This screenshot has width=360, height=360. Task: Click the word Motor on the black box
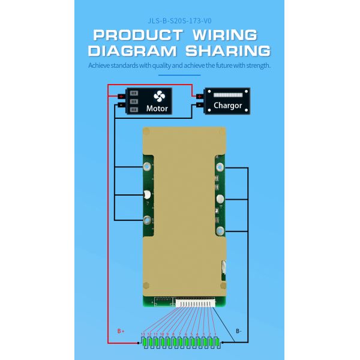tap(157, 109)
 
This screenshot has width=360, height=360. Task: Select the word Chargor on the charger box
tap(227, 106)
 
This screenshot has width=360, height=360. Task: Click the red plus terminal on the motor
tap(121, 96)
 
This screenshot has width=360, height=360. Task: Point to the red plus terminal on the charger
tap(199, 96)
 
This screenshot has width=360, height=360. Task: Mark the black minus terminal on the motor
tap(121, 104)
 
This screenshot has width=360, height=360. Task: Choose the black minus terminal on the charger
tap(199, 105)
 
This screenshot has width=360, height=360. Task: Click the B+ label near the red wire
tap(121, 331)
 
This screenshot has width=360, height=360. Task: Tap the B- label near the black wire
tap(239, 331)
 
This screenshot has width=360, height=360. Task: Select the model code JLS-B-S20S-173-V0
tap(180, 19)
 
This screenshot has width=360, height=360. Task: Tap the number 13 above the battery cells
tap(143, 334)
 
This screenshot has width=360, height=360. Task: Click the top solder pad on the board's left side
tap(146, 165)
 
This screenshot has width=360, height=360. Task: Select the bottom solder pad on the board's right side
tap(220, 231)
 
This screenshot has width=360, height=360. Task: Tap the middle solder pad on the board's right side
tap(220, 199)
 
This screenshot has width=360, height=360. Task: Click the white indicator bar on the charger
tap(227, 95)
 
